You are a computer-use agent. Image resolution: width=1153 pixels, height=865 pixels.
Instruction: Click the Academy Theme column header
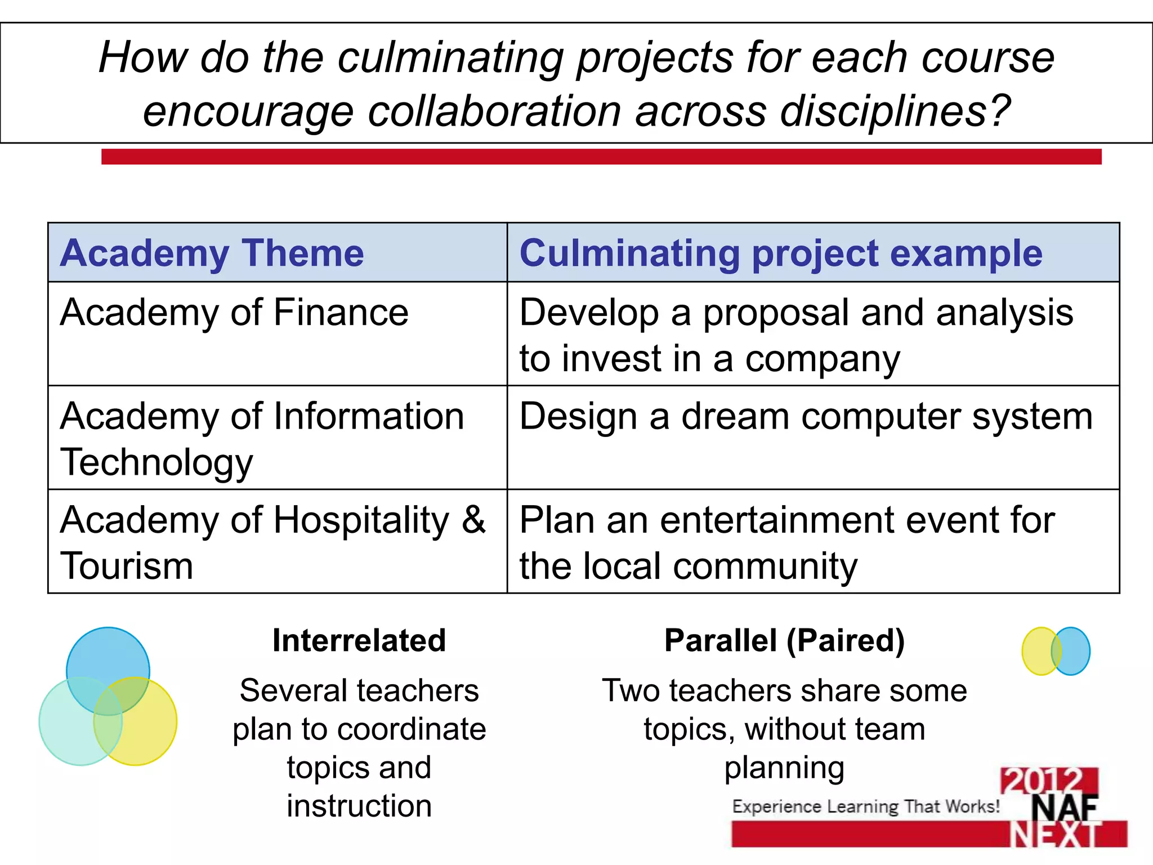pos(212,253)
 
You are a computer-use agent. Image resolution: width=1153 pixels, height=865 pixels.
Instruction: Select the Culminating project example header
pos(780,253)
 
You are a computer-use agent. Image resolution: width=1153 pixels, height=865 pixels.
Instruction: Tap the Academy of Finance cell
pos(234,313)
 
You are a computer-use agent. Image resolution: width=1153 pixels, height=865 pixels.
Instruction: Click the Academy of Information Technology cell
pos(262,439)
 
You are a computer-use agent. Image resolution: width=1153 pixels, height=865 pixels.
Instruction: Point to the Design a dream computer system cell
pos(806,417)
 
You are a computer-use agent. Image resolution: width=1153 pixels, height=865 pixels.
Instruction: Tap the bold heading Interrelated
pos(359,641)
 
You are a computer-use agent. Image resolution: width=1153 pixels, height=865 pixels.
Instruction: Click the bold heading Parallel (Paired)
pos(784,641)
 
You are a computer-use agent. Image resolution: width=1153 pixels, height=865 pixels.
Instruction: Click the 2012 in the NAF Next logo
pos(1048,781)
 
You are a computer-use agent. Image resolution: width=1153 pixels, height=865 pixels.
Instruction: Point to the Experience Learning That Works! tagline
pos(866,806)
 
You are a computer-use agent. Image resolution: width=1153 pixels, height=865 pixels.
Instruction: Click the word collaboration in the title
pos(494,111)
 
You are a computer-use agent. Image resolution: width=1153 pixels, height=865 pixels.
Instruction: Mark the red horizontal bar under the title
pos(601,157)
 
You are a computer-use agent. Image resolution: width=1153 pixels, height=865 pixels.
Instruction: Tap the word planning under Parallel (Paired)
pos(784,768)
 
